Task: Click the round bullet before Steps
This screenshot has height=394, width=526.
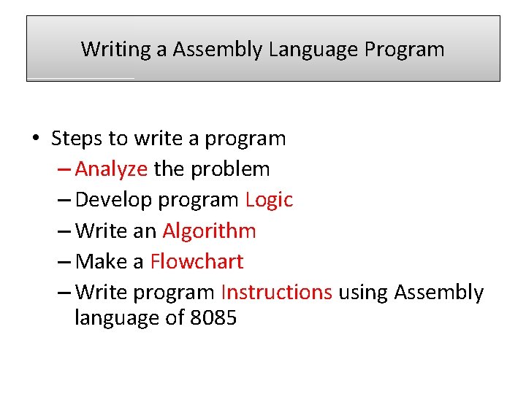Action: coord(34,139)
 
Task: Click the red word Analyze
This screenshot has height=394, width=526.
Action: coord(111,169)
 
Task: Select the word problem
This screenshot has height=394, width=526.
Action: coord(230,169)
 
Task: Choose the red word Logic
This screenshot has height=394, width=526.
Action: coord(269,200)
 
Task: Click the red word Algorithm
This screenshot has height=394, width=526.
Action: coord(209,231)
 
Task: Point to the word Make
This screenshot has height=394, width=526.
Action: coord(99,261)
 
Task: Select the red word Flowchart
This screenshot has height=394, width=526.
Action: coord(197,261)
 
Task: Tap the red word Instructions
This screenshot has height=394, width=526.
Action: coord(276,293)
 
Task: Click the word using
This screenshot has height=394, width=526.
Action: coord(362,293)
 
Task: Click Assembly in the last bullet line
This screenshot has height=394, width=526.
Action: coord(438,293)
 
